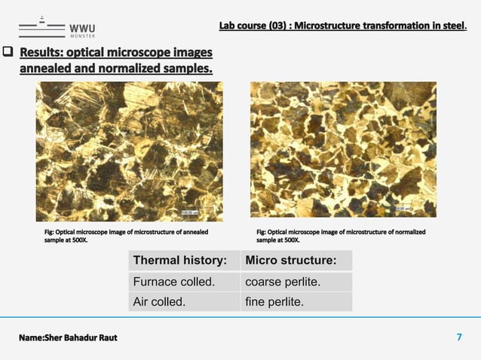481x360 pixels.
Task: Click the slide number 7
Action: click(459, 337)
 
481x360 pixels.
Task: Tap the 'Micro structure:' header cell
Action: click(295, 261)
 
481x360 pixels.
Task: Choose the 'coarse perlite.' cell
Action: click(295, 282)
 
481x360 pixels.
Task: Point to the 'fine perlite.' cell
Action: click(295, 302)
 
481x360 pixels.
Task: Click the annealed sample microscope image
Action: click(129, 151)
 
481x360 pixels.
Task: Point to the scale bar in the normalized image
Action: click(404, 209)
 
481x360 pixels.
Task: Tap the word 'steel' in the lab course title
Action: click(454, 27)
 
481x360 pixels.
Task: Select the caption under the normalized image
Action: click(341, 236)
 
